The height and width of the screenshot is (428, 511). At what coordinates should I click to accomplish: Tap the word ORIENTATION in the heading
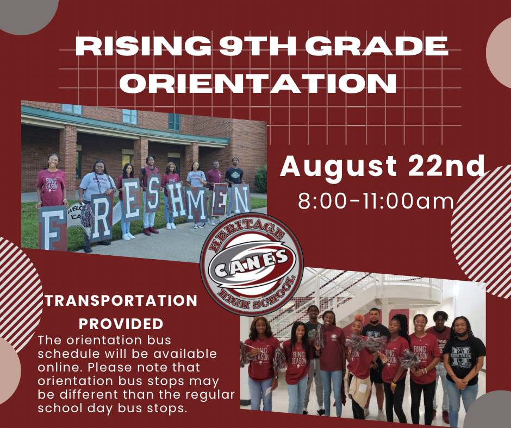point(257,83)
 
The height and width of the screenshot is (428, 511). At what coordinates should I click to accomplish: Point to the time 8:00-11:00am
point(376,201)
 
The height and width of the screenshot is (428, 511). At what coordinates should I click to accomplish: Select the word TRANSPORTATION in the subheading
point(121,300)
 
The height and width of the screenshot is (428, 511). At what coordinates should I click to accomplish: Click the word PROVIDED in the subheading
point(121,324)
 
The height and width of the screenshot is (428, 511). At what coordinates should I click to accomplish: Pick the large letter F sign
point(52,228)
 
